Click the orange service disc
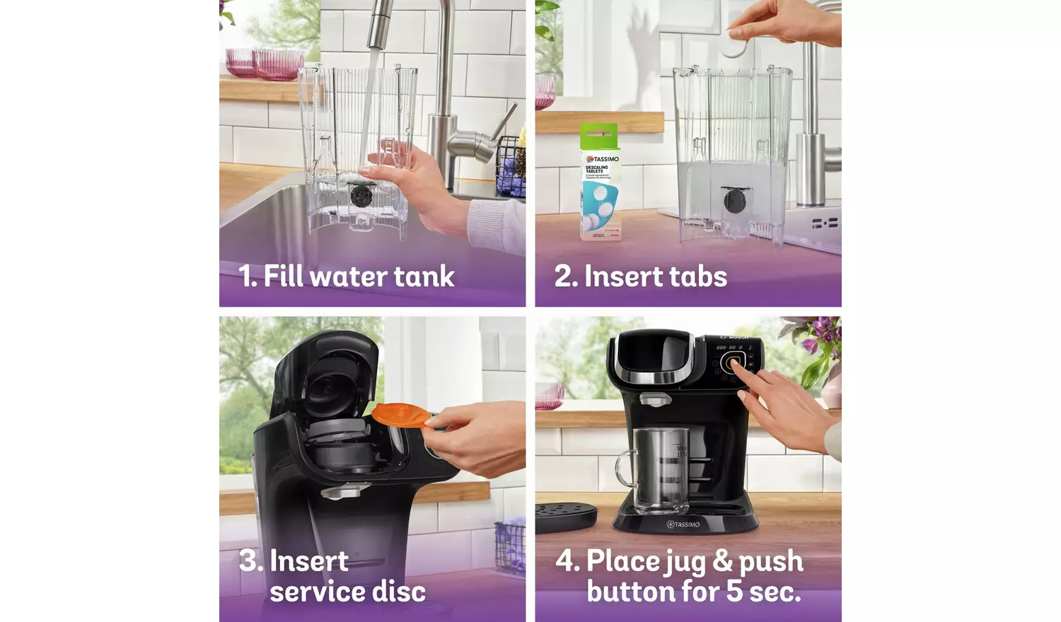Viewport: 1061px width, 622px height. [399, 414]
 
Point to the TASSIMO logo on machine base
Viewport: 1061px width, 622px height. [683, 524]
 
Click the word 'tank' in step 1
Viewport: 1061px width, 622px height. [424, 276]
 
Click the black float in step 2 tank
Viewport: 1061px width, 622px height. [734, 201]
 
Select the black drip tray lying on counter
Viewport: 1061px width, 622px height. [566, 515]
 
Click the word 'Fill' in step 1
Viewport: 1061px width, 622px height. [283, 276]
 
